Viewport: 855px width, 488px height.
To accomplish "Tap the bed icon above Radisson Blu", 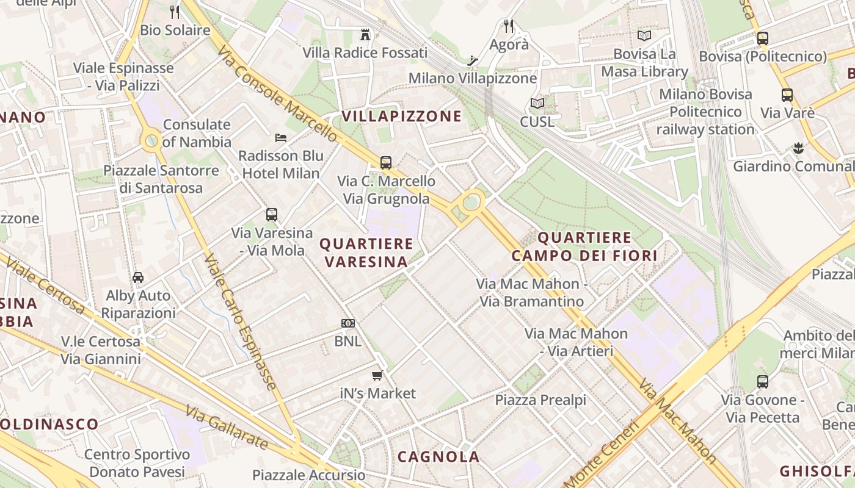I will pos(281,137).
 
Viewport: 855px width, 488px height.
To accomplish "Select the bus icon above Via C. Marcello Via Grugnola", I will pos(385,162).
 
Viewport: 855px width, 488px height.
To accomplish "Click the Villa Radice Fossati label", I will pos(365,53).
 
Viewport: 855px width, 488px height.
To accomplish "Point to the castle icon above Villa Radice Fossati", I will pos(365,34).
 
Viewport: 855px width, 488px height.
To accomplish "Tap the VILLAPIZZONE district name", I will pos(402,117).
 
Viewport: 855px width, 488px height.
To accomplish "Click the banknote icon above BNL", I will pos(348,323).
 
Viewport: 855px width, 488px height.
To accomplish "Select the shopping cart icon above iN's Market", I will pos(377,375).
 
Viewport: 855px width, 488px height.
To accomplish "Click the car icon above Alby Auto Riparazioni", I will pos(138,277).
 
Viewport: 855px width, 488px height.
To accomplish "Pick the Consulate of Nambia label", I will pos(197,134).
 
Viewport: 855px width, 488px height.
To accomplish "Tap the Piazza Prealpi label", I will pos(540,400).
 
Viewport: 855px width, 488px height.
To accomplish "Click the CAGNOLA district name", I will pos(438,457).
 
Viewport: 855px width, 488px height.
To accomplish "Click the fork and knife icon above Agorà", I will pos(509,26).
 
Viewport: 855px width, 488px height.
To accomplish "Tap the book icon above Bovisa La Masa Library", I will pos(644,35).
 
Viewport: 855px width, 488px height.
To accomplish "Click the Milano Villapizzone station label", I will pos(473,78).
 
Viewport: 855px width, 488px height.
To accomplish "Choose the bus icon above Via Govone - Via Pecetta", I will pos(762,382).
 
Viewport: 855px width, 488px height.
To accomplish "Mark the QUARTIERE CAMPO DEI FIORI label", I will pos(584,246).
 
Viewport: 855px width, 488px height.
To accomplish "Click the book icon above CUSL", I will pos(537,104).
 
